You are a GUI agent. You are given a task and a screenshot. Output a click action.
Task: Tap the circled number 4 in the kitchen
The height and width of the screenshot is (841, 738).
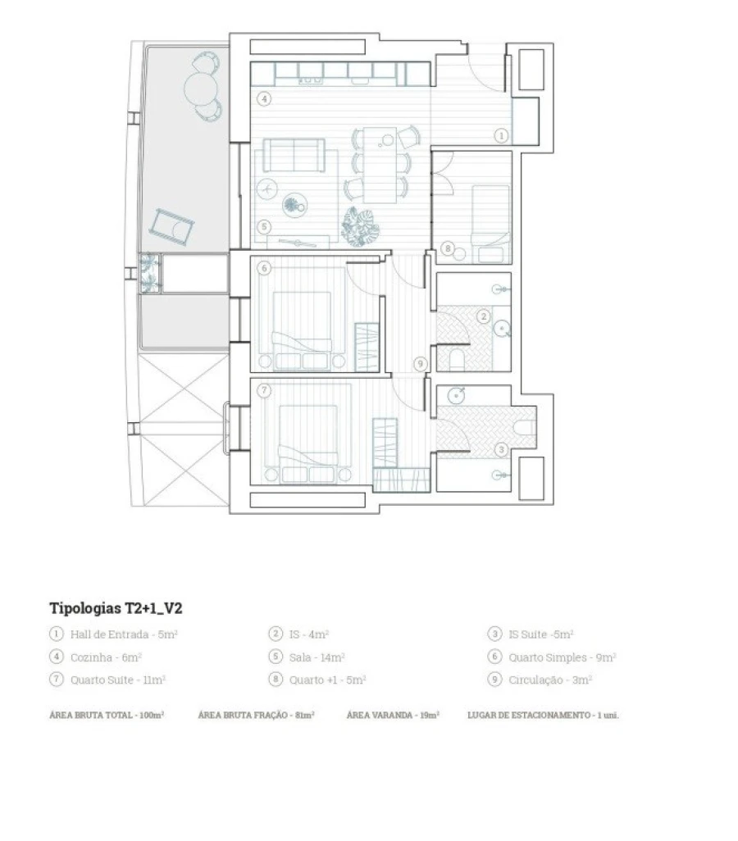[x=264, y=99]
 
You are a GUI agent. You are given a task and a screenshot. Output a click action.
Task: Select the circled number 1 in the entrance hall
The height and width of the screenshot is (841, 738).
[x=502, y=135]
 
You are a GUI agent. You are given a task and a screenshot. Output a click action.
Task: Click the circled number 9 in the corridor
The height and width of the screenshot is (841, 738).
[x=421, y=364]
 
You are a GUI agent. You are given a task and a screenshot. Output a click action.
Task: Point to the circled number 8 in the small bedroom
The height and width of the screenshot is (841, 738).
[x=448, y=248]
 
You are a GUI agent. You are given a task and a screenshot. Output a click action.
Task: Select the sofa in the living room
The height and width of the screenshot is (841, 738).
[x=294, y=155]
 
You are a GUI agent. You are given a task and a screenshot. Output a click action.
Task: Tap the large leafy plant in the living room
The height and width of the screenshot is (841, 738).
[x=358, y=225]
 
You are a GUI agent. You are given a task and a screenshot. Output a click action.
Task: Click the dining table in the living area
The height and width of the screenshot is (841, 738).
[x=380, y=163]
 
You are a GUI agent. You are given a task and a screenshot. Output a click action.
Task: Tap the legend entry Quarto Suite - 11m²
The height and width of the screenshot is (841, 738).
[x=107, y=680]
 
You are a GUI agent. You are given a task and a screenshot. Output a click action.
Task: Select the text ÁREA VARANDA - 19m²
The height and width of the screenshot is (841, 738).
[x=393, y=715]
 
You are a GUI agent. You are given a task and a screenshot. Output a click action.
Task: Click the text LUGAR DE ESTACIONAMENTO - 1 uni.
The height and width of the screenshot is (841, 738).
[x=543, y=715]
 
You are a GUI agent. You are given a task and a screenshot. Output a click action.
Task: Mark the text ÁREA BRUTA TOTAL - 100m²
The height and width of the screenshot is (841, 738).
[x=107, y=715]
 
